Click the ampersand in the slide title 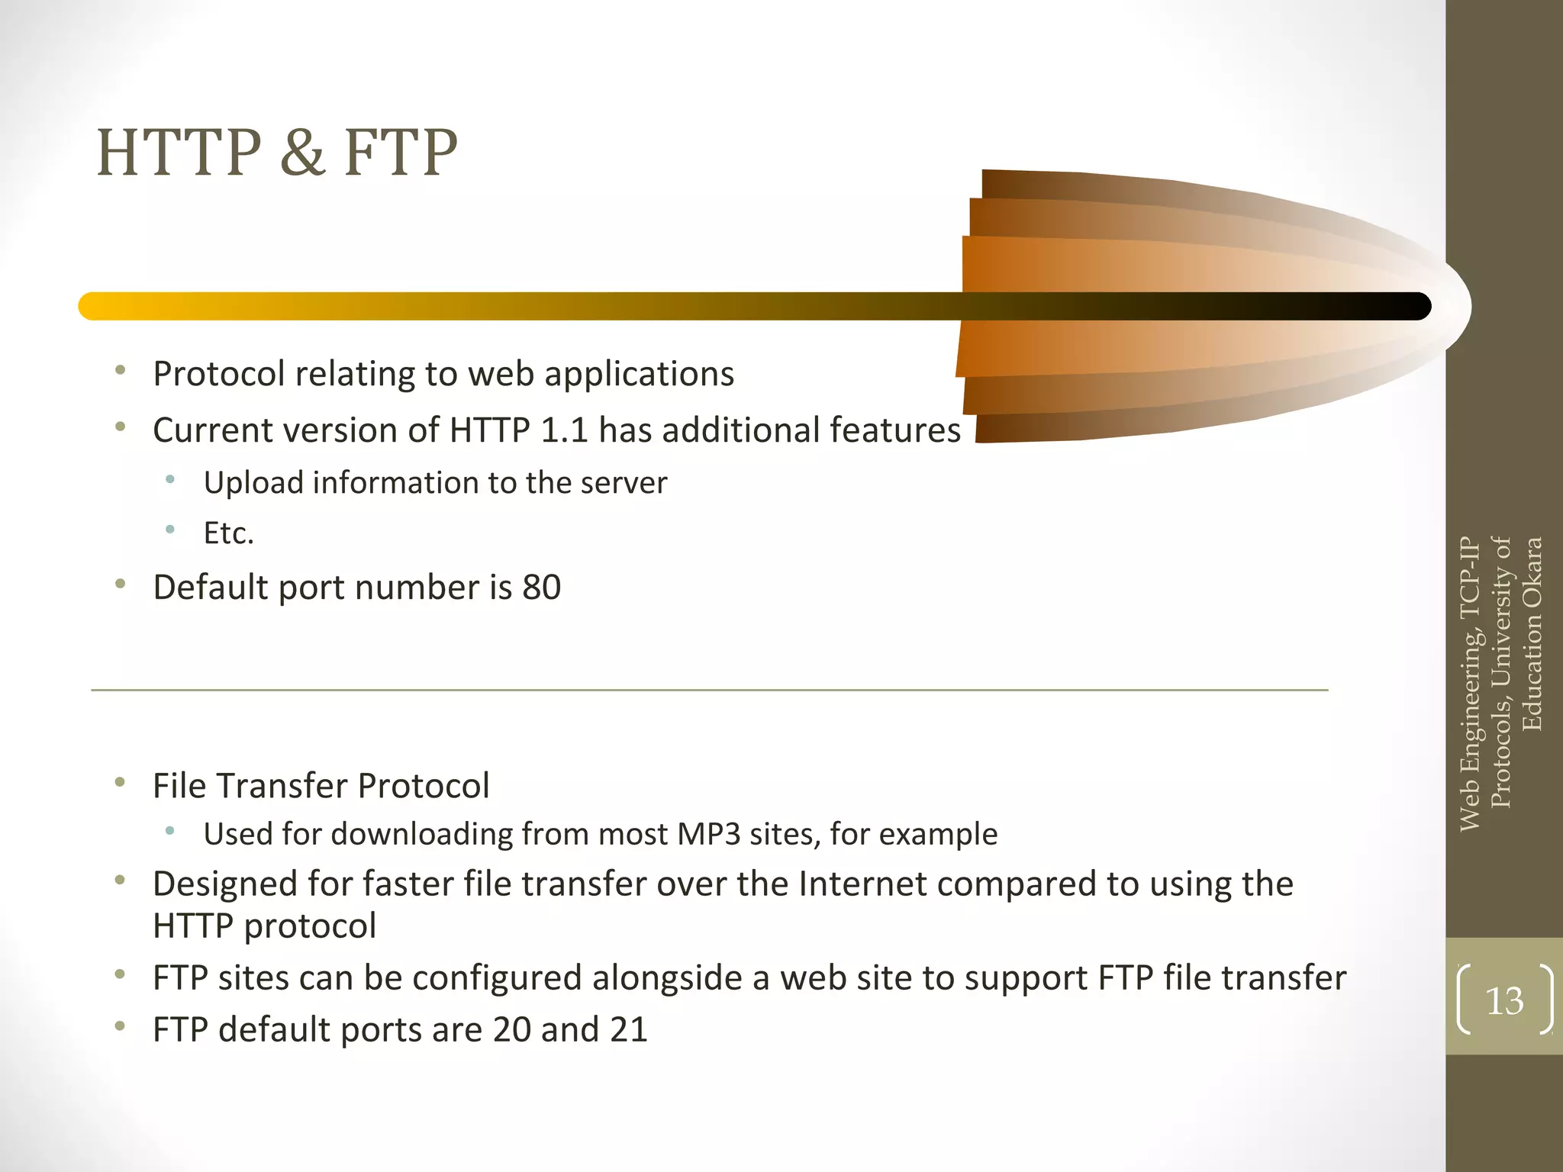click(302, 153)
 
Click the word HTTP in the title click(179, 153)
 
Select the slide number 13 click(1504, 1000)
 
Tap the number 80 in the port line click(541, 588)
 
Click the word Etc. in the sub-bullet click(228, 533)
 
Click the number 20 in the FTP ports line click(511, 1029)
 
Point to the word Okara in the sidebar click(1532, 573)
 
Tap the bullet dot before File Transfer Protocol click(120, 782)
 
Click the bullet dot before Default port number click(120, 584)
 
